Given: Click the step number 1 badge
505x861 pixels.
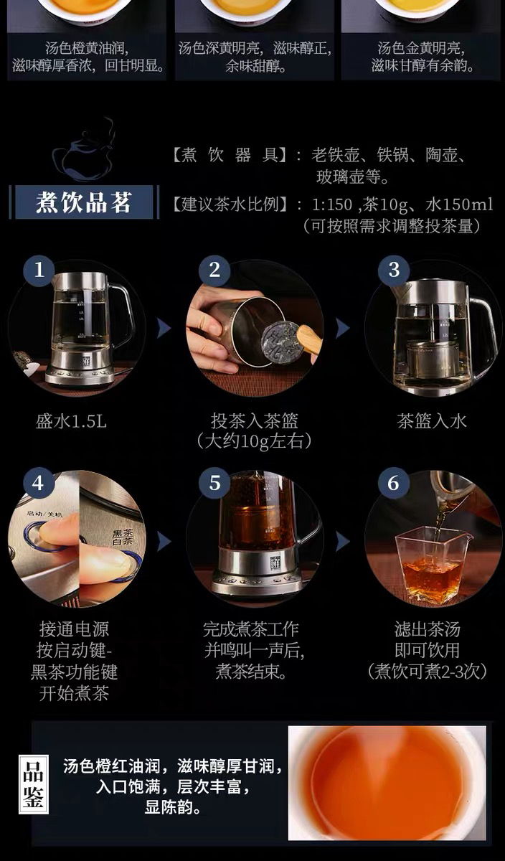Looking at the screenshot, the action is [39, 270].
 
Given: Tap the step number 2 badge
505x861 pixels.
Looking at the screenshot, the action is [214, 270].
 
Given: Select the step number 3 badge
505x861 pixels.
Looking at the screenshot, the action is [394, 270].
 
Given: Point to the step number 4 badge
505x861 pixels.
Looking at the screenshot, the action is [39, 483].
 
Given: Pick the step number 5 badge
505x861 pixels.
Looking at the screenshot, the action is [214, 483].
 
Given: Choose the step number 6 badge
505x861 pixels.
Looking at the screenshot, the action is [394, 483].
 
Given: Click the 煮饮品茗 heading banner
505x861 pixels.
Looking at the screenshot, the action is [84, 202].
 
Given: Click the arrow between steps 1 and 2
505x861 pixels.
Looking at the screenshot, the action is [164, 328].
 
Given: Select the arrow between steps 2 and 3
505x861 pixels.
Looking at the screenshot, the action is [343, 328].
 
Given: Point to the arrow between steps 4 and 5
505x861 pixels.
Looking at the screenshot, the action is [164, 542].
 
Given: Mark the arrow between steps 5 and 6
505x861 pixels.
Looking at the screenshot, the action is [343, 542].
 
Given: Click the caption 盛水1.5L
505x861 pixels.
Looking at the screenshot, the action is [71, 421].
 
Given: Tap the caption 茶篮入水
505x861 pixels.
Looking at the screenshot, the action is [432, 421].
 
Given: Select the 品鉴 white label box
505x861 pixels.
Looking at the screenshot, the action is [34, 784].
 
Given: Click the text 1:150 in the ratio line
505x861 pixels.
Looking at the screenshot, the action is [331, 204].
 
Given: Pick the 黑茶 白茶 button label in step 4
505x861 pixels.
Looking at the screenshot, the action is [123, 537].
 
